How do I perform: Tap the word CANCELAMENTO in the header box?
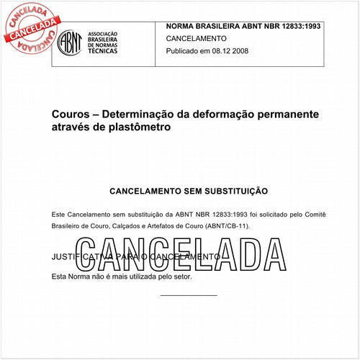click(x=196, y=38)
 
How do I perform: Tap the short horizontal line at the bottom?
click(x=188, y=294)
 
